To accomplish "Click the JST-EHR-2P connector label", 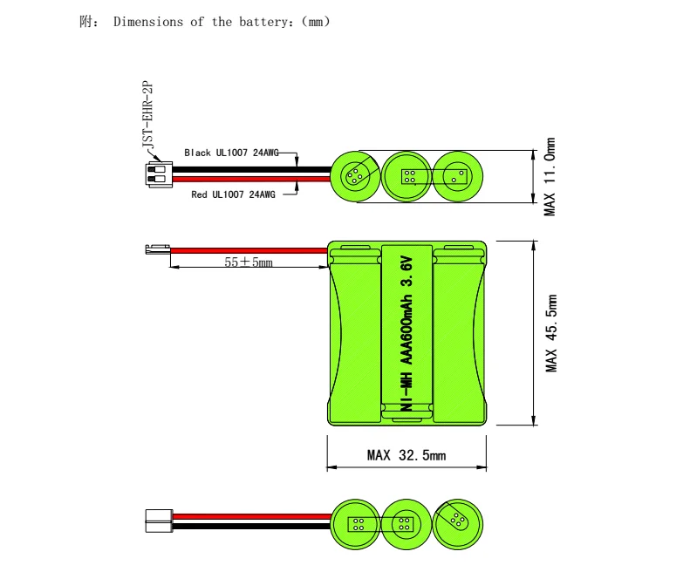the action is (x=148, y=114).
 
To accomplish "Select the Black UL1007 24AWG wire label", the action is (x=231, y=153).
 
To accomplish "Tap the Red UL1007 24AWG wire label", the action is (x=233, y=194).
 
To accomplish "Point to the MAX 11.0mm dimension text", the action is (x=550, y=176).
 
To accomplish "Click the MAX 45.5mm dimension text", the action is (x=551, y=333).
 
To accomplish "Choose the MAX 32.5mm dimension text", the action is (x=406, y=455).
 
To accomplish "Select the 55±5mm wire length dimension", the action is (x=249, y=262).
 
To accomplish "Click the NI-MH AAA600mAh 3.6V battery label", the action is (x=407, y=335).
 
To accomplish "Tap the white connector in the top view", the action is (x=159, y=174).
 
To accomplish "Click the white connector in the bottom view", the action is (x=159, y=521).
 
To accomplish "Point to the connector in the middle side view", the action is (x=158, y=249).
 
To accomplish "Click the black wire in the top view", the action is (x=251, y=170).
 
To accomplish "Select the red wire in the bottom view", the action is (x=252, y=516).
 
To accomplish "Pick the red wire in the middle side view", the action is (x=249, y=251).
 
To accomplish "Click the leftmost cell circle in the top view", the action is (x=355, y=176).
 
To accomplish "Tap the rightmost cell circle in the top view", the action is (x=458, y=176).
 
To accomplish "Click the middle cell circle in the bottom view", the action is (x=406, y=524).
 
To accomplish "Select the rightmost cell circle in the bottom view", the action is (x=458, y=524).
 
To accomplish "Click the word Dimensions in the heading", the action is (x=148, y=22).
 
